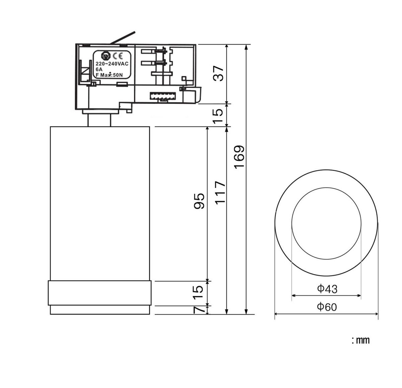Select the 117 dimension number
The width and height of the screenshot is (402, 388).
click(x=220, y=193)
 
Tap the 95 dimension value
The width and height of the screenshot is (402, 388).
click(x=199, y=201)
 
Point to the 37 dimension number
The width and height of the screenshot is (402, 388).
click(x=218, y=73)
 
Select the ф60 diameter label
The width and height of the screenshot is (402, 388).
click(x=327, y=307)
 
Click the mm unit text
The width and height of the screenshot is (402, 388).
click(x=363, y=340)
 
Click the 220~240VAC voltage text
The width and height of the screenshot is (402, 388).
click(x=112, y=64)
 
